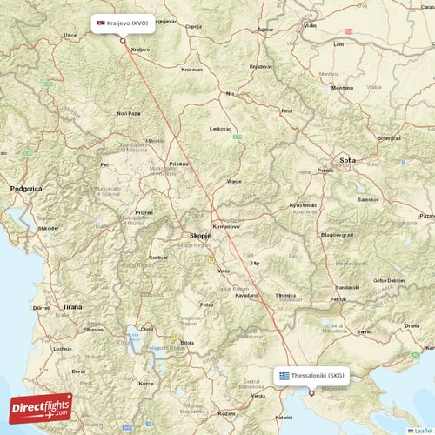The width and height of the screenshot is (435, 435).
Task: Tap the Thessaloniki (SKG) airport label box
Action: pyautogui.click(x=312, y=376)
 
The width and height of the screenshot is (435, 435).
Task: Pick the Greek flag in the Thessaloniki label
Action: pyautogui.click(x=284, y=376)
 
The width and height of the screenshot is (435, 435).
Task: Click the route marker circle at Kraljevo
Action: pyautogui.click(x=123, y=40)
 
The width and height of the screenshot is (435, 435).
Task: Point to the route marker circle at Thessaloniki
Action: pyautogui.click(x=312, y=391)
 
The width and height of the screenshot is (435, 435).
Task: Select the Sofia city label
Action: pyautogui.click(x=348, y=161)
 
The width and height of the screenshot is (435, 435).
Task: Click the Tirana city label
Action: pyautogui.click(x=73, y=307)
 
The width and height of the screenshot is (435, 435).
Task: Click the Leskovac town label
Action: pyautogui.click(x=221, y=129)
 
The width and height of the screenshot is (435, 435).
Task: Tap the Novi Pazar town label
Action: pyautogui.click(x=128, y=113)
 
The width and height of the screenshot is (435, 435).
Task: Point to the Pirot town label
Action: pyautogui.click(x=286, y=111)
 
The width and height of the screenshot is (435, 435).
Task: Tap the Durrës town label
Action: pyautogui.click(x=41, y=307)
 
